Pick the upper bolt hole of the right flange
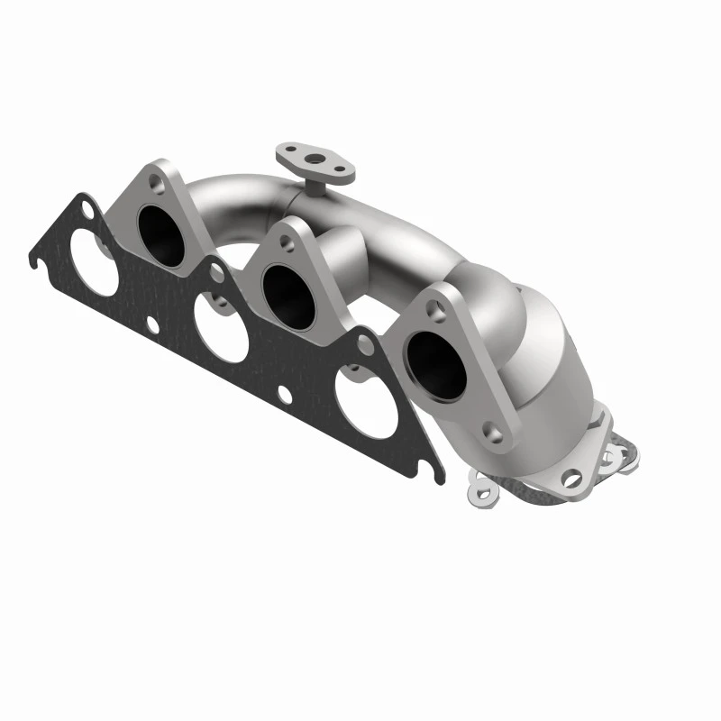coord(439,309)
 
